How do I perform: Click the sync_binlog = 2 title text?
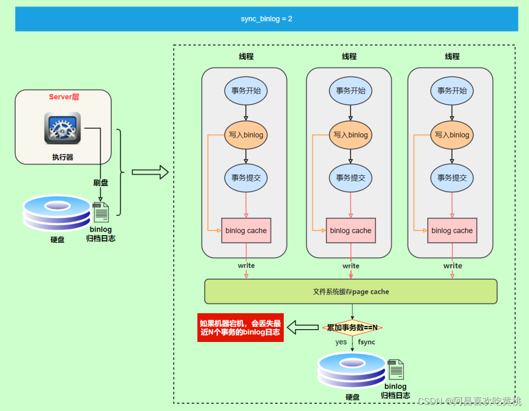[266, 19]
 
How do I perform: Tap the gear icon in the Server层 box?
[62, 128]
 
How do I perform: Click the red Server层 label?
[64, 97]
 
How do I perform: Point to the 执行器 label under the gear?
[62, 157]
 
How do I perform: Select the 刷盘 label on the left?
[100, 183]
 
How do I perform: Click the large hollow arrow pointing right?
[150, 172]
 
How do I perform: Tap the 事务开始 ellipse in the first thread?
[246, 91]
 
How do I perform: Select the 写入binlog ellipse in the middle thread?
[351, 135]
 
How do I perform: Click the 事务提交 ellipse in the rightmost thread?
[452, 178]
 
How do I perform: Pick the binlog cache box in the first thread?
[246, 230]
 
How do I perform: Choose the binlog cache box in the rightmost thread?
[452, 230]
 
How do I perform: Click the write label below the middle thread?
[351, 266]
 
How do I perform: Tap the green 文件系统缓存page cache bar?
[351, 291]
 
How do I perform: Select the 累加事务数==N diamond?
[352, 327]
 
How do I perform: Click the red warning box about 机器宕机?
[240, 328]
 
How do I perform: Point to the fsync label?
[366, 342]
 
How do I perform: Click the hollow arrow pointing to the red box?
[303, 327]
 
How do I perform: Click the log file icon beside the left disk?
[100, 212]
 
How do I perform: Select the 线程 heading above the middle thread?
[349, 56]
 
